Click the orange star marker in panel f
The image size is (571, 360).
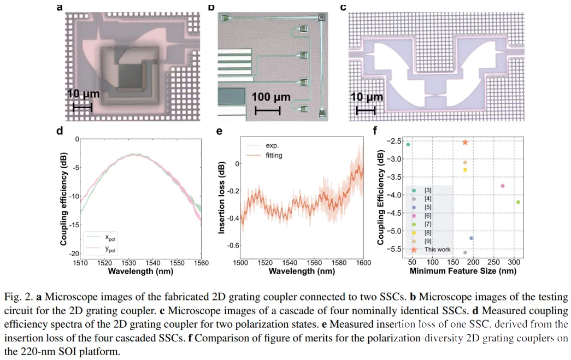pyautogui.click(x=465, y=142)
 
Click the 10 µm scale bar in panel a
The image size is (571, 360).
pyautogui.click(x=82, y=107)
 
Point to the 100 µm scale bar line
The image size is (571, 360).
pyautogui.click(x=268, y=111)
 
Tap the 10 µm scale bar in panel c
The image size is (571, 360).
pyautogui.click(x=366, y=111)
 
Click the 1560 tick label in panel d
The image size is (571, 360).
pyautogui.click(x=201, y=263)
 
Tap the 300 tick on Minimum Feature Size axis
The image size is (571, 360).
pyautogui.click(x=514, y=263)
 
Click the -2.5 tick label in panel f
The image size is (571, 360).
pyautogui.click(x=392, y=141)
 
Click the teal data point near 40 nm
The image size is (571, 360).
pyautogui.click(x=408, y=144)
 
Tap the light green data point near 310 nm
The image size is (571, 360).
pyautogui.click(x=518, y=202)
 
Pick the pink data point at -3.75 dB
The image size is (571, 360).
pyautogui.click(x=503, y=186)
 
